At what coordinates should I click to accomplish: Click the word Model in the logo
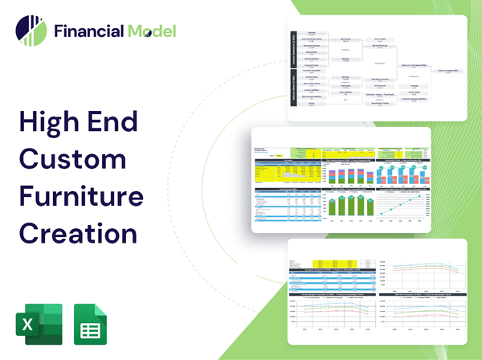(150, 31)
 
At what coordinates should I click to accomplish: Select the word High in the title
(55, 124)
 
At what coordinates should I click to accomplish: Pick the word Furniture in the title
(81, 196)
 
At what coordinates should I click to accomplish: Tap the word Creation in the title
(77, 232)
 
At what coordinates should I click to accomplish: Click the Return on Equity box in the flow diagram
(447, 71)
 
